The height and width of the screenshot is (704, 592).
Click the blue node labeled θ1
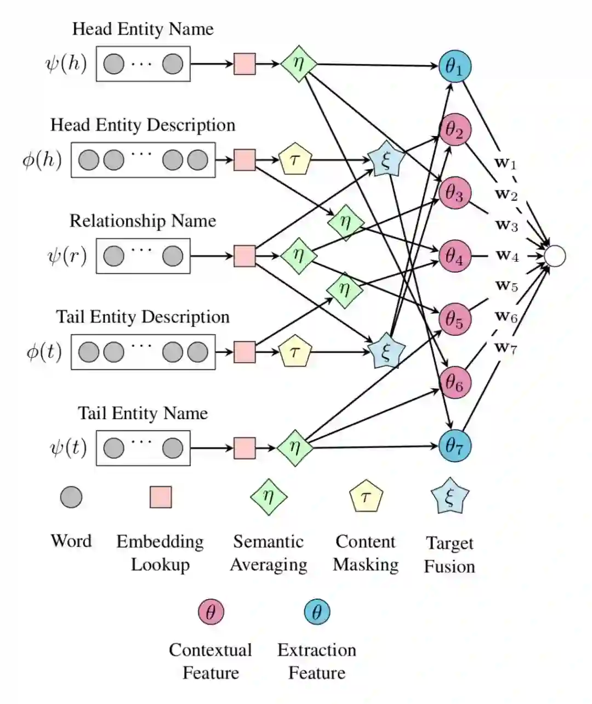click(x=454, y=66)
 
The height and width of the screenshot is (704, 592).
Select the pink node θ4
click(x=454, y=256)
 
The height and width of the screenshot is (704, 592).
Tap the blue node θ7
click(x=454, y=446)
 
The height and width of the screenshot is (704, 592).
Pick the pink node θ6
click(x=454, y=382)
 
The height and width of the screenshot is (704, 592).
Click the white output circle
click(x=554, y=256)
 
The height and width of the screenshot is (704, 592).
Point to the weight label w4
click(x=507, y=255)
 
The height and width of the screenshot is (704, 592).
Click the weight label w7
click(x=506, y=347)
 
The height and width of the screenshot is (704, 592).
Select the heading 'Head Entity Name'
click(x=143, y=29)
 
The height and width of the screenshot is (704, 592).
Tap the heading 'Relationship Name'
click(x=143, y=221)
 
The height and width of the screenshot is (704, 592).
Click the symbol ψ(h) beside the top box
click(x=66, y=64)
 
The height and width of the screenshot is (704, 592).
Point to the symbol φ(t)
click(x=44, y=351)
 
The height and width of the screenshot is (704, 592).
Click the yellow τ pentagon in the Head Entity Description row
click(x=295, y=160)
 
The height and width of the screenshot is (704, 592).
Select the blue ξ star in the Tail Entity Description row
click(x=386, y=351)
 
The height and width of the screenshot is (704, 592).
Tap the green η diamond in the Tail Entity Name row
click(x=295, y=448)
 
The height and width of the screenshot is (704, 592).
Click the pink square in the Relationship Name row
click(x=244, y=256)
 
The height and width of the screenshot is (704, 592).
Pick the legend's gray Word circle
click(x=71, y=497)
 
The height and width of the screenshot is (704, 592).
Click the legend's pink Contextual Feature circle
click(x=211, y=611)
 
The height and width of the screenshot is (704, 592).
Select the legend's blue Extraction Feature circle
click(x=317, y=611)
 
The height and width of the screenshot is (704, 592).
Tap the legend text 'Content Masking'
click(x=366, y=553)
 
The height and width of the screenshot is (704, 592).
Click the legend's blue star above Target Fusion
click(x=449, y=497)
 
